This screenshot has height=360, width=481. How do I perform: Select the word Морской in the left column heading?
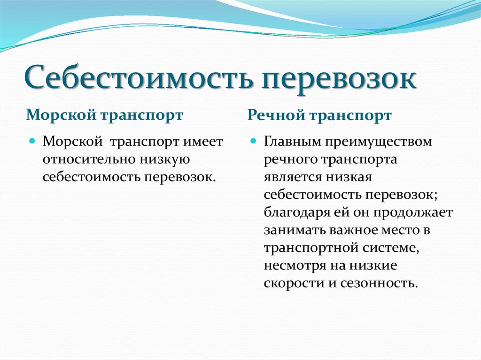pos(61,115)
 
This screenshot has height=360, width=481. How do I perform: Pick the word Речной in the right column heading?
pos(276,115)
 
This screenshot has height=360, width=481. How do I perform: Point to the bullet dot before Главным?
pos(253,141)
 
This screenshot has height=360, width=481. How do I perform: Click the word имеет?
pos(203,142)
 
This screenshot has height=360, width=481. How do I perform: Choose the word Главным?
pos(293,142)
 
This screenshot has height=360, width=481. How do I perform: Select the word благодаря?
pos(294,213)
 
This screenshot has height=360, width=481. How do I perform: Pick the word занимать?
pos(294,230)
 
